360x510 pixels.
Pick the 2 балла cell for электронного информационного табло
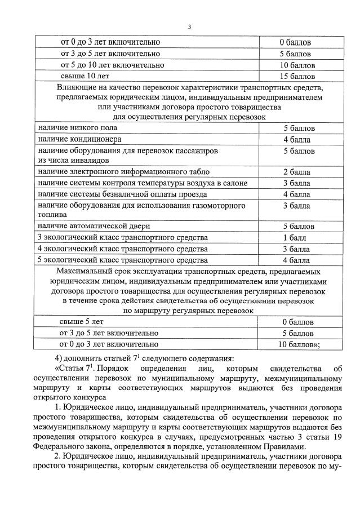[296, 172]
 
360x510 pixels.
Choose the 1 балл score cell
[296, 237]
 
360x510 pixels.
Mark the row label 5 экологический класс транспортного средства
[122, 260]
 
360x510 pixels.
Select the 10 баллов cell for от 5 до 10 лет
[296, 65]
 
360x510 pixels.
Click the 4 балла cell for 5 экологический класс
[296, 260]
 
